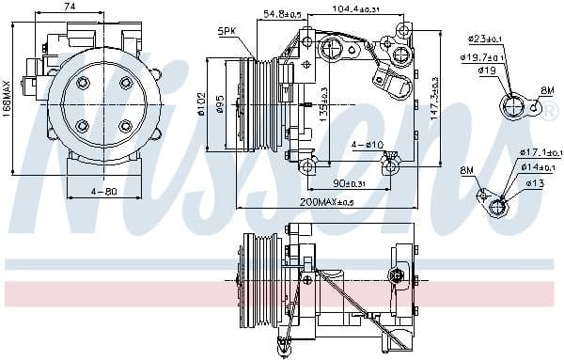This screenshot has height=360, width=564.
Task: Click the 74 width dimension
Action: pyautogui.click(x=70, y=7)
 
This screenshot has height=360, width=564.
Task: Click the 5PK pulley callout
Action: pyautogui.click(x=227, y=31)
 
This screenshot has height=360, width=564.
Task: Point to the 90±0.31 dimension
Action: pyautogui.click(x=351, y=182)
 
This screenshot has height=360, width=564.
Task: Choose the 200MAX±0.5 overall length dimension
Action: pyautogui.click(x=326, y=203)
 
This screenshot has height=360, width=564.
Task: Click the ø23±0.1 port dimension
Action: pyautogui.click(x=489, y=39)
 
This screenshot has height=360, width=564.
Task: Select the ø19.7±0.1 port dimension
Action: pyautogui.click(x=484, y=56)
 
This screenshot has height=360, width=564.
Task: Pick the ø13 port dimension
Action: pyautogui.click(x=535, y=182)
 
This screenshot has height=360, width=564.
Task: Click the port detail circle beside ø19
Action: pyautogui.click(x=513, y=106)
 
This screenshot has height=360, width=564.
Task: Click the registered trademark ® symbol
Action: pyautogui.click(x=552, y=109)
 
